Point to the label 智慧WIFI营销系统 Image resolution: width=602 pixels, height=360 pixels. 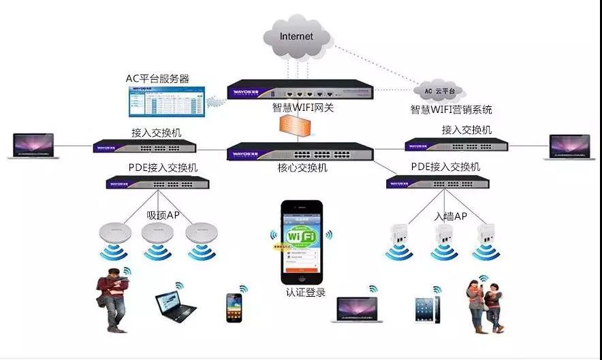pos(451,109)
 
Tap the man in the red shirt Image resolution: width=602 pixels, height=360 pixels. pos(112,299)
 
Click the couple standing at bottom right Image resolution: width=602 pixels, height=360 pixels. pos(485,304)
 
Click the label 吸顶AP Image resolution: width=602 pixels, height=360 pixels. pos(163,215)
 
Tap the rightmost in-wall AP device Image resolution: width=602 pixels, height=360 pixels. pos(484,235)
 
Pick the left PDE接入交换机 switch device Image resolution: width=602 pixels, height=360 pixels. pos(157,182)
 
